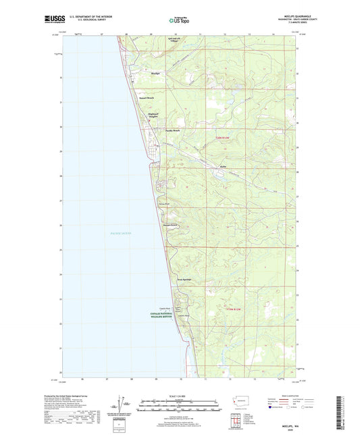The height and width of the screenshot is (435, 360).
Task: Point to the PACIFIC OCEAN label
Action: click(x=121, y=233)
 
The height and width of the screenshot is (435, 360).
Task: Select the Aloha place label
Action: click(x=222, y=165)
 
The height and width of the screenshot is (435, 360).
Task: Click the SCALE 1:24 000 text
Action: click(x=178, y=396)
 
